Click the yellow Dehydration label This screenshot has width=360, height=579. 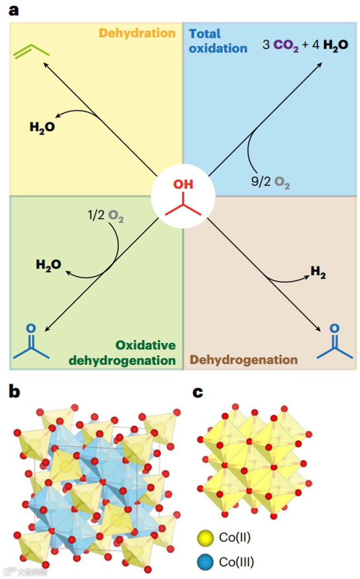pyautogui.click(x=137, y=33)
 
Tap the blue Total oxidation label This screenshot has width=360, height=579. pyautogui.click(x=218, y=40)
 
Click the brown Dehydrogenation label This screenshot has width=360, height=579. pyautogui.click(x=243, y=360)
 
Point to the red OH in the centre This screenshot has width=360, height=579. pyautogui.click(x=183, y=184)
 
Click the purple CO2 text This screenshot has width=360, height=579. pyautogui.click(x=286, y=46)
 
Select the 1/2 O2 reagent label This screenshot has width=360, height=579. pyautogui.click(x=106, y=216)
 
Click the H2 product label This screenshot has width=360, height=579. pyautogui.click(x=318, y=272)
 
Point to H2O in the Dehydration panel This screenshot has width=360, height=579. pyautogui.click(x=42, y=127)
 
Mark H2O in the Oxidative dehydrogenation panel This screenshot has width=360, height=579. pyautogui.click(x=49, y=265)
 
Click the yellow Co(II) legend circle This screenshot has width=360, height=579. pyautogui.click(x=205, y=539)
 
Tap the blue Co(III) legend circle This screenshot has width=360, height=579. pyautogui.click(x=205, y=562)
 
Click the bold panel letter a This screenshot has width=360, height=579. pyautogui.click(x=14, y=10)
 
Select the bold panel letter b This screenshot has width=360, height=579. pyautogui.click(x=15, y=392)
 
